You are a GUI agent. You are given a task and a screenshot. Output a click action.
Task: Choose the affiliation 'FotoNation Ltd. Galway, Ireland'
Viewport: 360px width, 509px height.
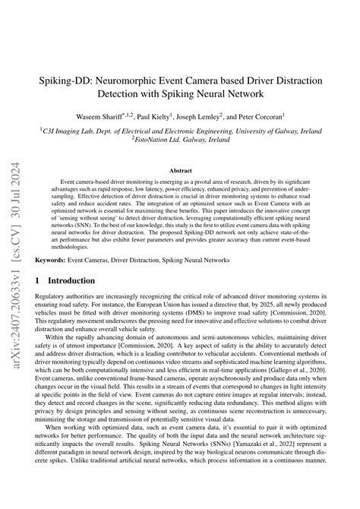click(x=180, y=139)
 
